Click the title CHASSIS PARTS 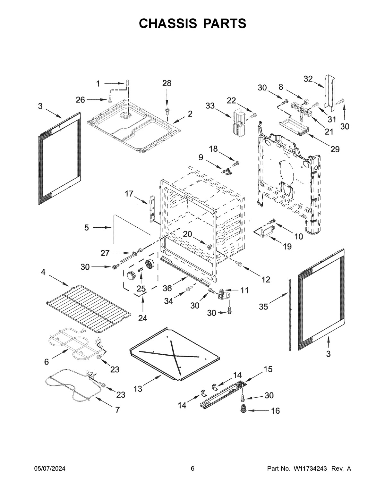[193, 23]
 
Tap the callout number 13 [138, 389]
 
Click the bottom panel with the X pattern [175, 353]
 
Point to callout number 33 [210, 106]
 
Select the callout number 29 [335, 149]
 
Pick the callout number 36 [167, 288]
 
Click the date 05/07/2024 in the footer [50, 469]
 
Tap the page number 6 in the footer [193, 469]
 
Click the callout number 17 [129, 194]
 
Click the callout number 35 [263, 307]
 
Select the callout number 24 [142, 318]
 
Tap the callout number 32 [308, 79]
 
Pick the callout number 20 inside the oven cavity [187, 234]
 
